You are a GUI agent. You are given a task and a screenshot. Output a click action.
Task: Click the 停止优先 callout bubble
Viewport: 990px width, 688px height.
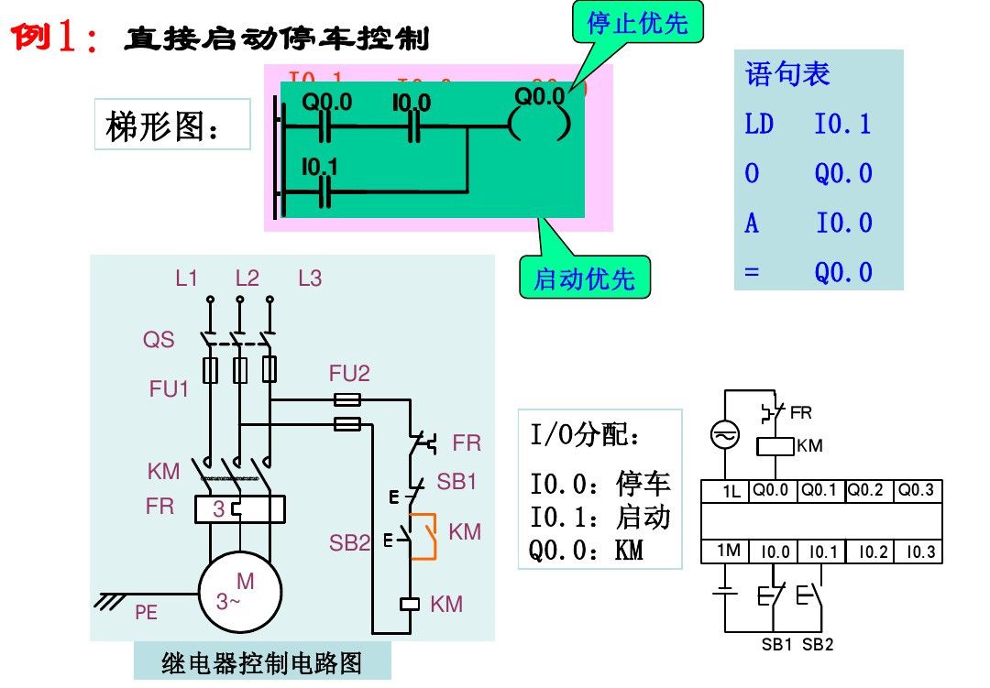pyautogui.click(x=637, y=23)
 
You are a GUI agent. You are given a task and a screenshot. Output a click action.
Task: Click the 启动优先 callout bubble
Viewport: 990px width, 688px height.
pyautogui.click(x=584, y=278)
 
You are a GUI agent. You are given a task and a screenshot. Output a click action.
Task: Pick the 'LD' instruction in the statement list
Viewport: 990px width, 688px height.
pyautogui.click(x=759, y=124)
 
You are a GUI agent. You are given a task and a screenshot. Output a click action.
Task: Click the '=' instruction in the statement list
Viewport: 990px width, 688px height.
pyautogui.click(x=752, y=272)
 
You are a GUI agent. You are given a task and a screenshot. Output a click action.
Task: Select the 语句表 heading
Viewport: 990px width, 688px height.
pyautogui.click(x=787, y=73)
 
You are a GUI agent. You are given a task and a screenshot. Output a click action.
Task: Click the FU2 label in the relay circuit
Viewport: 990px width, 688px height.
pyautogui.click(x=349, y=374)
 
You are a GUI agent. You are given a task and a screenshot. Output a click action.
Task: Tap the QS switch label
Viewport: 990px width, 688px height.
pyautogui.click(x=158, y=340)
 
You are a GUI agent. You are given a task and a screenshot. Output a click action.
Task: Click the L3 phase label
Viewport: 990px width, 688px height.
pyautogui.click(x=310, y=278)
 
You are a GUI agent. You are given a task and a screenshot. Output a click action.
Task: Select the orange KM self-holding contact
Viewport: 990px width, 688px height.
pyautogui.click(x=423, y=537)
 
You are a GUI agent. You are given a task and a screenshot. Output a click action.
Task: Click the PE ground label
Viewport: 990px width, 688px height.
pyautogui.click(x=147, y=613)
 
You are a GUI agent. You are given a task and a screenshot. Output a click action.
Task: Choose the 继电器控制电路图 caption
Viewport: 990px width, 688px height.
pyautogui.click(x=262, y=662)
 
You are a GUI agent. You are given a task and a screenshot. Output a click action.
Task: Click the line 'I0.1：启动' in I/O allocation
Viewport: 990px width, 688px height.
pyautogui.click(x=600, y=518)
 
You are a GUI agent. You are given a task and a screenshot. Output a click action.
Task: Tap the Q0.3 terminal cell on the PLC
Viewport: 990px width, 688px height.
pyautogui.click(x=917, y=490)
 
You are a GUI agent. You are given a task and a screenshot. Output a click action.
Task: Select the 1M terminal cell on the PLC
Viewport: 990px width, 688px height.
pyautogui.click(x=728, y=551)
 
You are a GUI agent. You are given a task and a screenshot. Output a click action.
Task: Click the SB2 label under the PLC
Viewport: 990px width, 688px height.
pyautogui.click(x=818, y=644)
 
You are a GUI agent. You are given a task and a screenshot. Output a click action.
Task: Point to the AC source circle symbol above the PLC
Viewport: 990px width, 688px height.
pyautogui.click(x=725, y=436)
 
